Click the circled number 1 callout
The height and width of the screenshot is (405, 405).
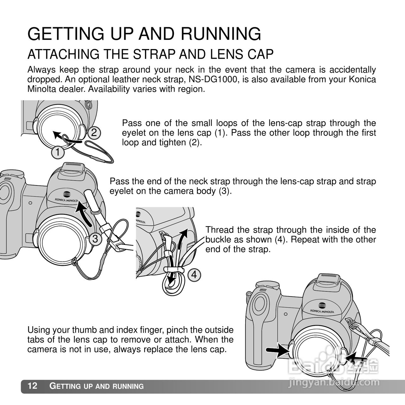point(58,153)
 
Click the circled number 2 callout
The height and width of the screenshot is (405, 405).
point(94,133)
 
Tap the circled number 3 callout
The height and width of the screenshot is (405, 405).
point(95,239)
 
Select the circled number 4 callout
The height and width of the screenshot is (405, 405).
point(194,275)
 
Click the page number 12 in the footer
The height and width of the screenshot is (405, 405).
point(33,386)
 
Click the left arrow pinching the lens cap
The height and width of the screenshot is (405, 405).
point(277,350)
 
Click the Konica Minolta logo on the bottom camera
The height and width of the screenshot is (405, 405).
point(322,309)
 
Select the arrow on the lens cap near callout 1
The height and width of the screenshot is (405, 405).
point(59,135)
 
